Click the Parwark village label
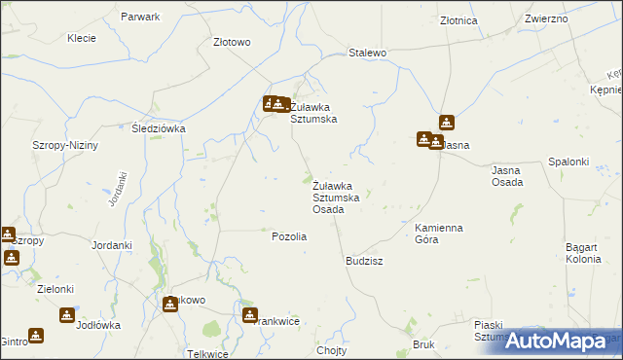pyautogui.click(x=141, y=18)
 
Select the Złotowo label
pyautogui.click(x=232, y=43)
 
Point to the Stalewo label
pyautogui.click(x=368, y=53)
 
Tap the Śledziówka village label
pyautogui.click(x=159, y=127)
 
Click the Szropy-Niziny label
pyautogui.click(x=65, y=145)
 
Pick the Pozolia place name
pyautogui.click(x=289, y=236)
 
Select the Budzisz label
pyautogui.click(x=364, y=262)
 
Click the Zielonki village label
pyautogui.click(x=51, y=290)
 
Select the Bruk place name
pyautogui.click(x=422, y=344)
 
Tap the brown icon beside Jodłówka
pyautogui.click(x=66, y=314)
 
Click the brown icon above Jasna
pyautogui.click(x=446, y=123)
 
